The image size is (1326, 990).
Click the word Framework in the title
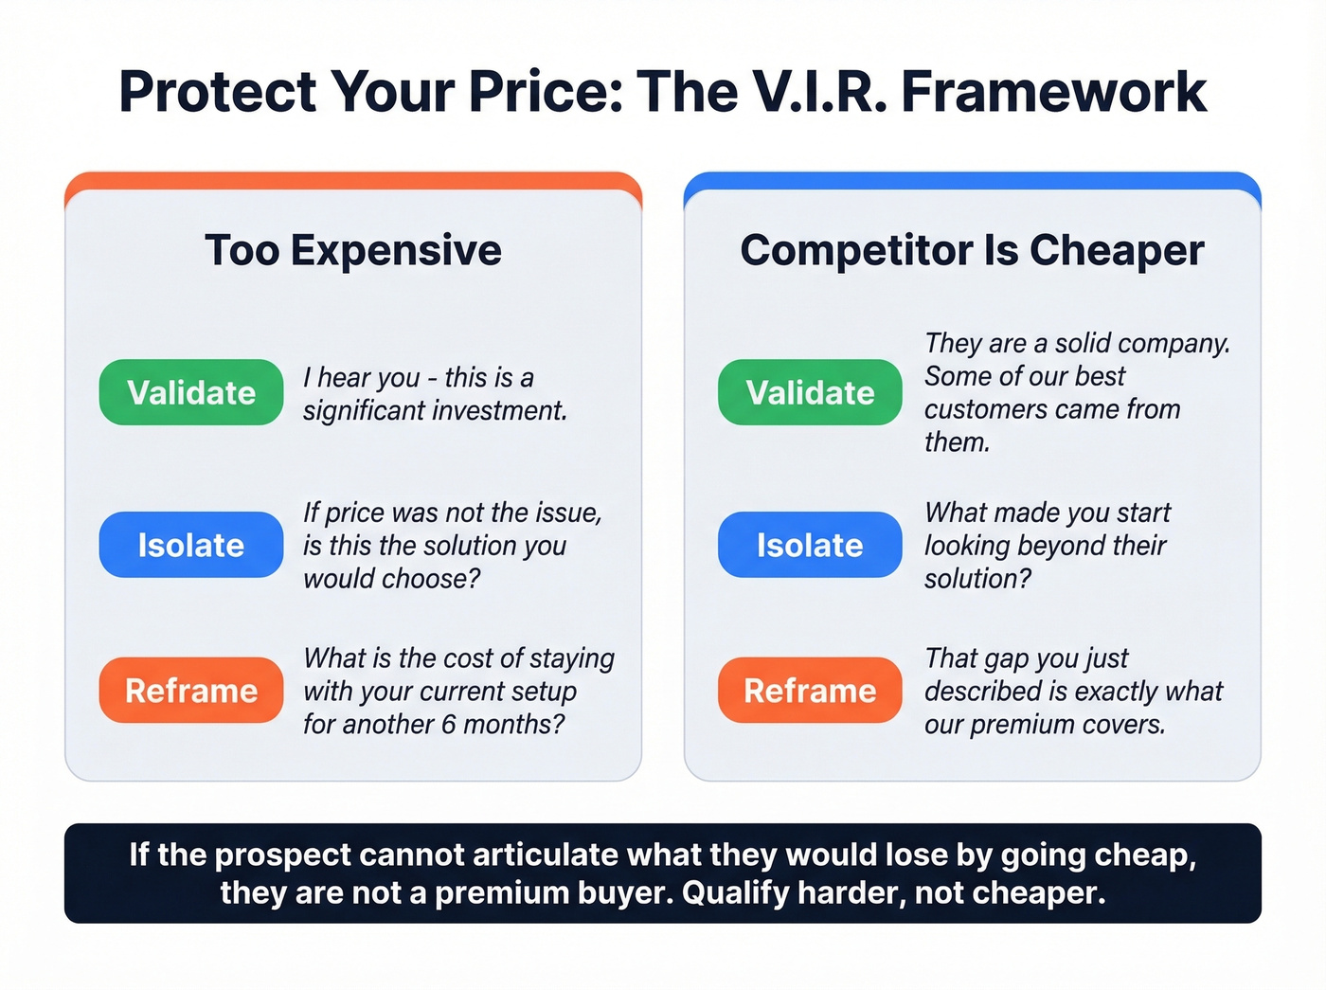[1053, 92]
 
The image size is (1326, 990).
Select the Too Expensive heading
[353, 250]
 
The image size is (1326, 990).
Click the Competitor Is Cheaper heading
[972, 250]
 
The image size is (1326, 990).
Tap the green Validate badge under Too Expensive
[191, 392]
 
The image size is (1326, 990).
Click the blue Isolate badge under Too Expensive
[191, 545]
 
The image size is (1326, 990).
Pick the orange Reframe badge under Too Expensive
[191, 691]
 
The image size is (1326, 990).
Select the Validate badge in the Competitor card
[810, 392]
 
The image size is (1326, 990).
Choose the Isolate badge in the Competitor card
[810, 545]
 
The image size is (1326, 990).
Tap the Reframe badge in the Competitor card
[810, 691]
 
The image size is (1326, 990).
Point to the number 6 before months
[448, 725]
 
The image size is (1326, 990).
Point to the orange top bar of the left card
[353, 180]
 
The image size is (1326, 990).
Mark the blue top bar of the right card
[972, 180]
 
